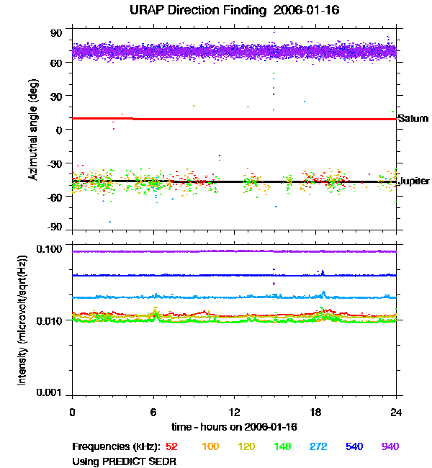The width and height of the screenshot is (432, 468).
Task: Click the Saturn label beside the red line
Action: [x=413, y=118]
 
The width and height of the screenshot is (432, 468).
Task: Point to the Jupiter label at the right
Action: [x=414, y=182]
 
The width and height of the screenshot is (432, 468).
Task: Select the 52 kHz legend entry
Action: [x=172, y=447]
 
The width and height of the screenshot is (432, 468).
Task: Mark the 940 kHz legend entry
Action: [x=390, y=447]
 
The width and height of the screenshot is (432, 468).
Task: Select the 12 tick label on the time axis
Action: [x=234, y=413]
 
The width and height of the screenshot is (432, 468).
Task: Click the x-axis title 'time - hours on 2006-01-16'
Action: [x=235, y=427]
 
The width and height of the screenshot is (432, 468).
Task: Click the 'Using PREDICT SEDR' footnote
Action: [x=124, y=462]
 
